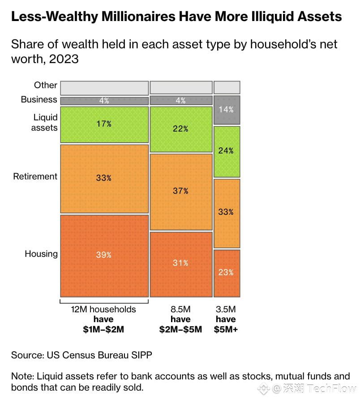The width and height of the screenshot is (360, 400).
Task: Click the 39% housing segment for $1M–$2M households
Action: [104, 255]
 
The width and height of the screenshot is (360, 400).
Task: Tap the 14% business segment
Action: [227, 110]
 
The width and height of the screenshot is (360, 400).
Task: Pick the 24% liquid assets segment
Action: [227, 151]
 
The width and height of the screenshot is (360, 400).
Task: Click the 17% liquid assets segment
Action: [104, 124]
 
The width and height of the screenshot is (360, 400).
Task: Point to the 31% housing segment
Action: [180, 264]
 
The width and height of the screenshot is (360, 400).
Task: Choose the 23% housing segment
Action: [227, 273]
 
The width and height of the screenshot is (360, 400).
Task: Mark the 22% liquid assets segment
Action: [180, 129]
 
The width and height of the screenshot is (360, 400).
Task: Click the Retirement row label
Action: [35, 176]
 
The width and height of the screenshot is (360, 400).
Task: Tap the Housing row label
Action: [41, 254]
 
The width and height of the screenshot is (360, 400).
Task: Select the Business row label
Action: [39, 99]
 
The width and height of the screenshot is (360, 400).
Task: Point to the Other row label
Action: [46, 85]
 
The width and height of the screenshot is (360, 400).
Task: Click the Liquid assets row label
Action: [45, 122]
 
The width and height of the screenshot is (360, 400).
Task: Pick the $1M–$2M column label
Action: [103, 330]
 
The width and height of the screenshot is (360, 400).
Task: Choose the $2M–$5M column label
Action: [180, 330]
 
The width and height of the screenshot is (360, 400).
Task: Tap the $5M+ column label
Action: [226, 330]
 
